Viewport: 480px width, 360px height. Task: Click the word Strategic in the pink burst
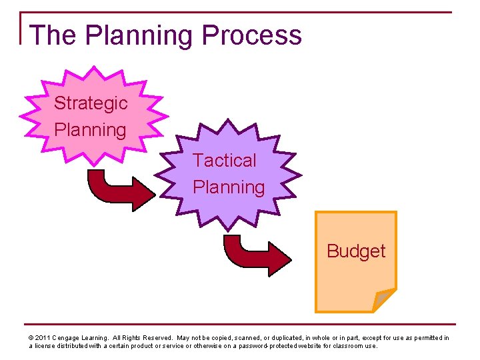[91, 103]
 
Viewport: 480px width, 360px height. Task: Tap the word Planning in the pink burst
[91, 129]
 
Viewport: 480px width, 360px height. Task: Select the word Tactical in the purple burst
[225, 161]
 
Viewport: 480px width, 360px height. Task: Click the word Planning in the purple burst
[229, 187]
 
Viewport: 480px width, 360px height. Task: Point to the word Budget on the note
[356, 251]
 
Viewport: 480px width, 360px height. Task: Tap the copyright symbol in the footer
[31, 338]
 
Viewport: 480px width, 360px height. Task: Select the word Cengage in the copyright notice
[68, 338]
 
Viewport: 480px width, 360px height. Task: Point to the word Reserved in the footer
[157, 338]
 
